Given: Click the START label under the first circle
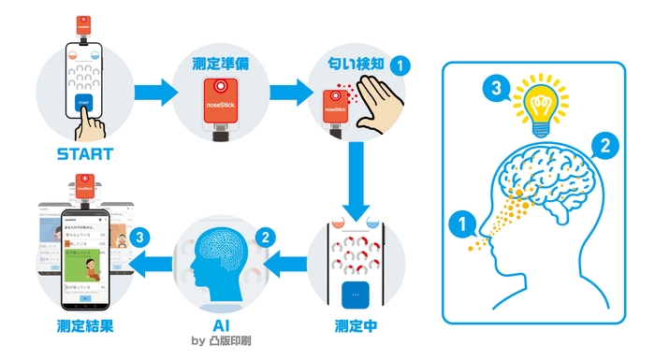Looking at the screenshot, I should pyautogui.click(x=84, y=153).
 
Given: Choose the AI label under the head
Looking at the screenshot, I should pyautogui.click(x=221, y=326).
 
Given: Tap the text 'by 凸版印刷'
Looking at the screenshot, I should pyautogui.click(x=221, y=343).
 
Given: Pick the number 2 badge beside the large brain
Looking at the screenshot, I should pyautogui.click(x=604, y=146).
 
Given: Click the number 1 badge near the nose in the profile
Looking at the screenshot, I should pyautogui.click(x=460, y=223).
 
